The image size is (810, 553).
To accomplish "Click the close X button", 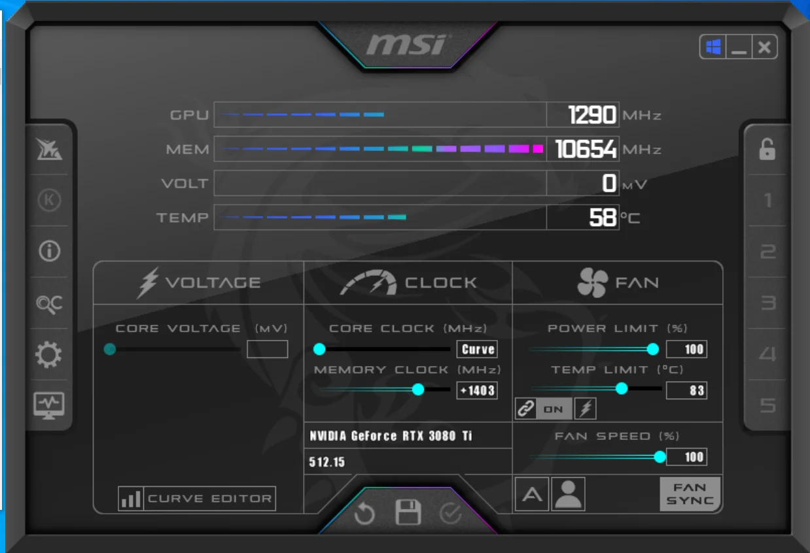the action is point(764,47).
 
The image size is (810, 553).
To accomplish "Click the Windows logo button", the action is point(713,47).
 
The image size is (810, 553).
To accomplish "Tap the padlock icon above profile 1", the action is point(767,150).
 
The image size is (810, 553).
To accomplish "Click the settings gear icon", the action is point(48,355).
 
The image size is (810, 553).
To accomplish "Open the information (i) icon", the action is point(49,251).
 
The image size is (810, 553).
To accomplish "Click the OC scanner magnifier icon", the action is point(49,303).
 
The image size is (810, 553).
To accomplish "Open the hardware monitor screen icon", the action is point(49,405).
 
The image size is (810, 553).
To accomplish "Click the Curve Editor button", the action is point(197,499).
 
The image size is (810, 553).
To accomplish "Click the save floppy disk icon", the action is point(408,512).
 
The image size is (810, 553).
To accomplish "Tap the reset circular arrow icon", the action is point(364,514).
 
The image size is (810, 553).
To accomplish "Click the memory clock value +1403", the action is point(477,391).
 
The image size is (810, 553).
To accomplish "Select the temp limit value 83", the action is point(686,391).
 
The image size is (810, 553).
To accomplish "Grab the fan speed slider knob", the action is point(660,457).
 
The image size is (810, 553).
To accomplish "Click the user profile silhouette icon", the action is point(568,494).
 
